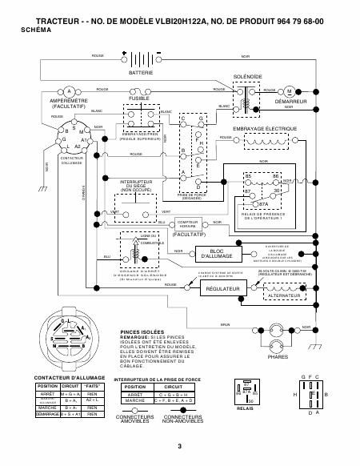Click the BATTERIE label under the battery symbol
pos(140,73)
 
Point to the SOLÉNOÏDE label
pos(248,79)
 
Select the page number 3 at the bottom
pos(180,446)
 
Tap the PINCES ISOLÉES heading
pos(142,331)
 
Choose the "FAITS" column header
pos(91,386)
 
